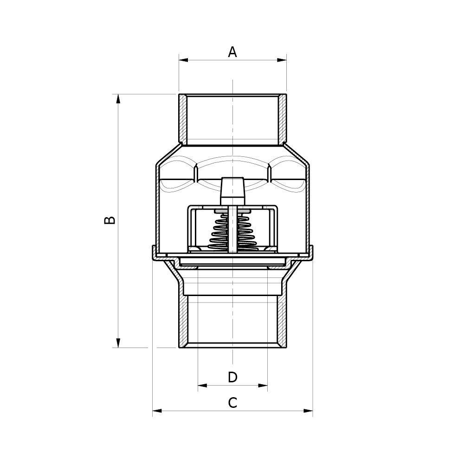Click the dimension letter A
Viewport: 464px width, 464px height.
coord(232,52)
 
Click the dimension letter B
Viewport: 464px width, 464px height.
coord(110,220)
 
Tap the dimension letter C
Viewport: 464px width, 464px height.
coord(232,403)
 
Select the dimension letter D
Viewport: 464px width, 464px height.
coord(232,377)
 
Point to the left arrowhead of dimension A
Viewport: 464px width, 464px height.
coord(183,60)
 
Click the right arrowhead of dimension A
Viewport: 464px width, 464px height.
coord(282,60)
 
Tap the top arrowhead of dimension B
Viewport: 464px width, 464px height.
coord(118,99)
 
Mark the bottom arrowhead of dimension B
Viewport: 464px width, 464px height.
coord(118,343)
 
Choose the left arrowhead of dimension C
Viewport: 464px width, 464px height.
coord(157,411)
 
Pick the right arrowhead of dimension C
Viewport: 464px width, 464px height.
coord(308,411)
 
